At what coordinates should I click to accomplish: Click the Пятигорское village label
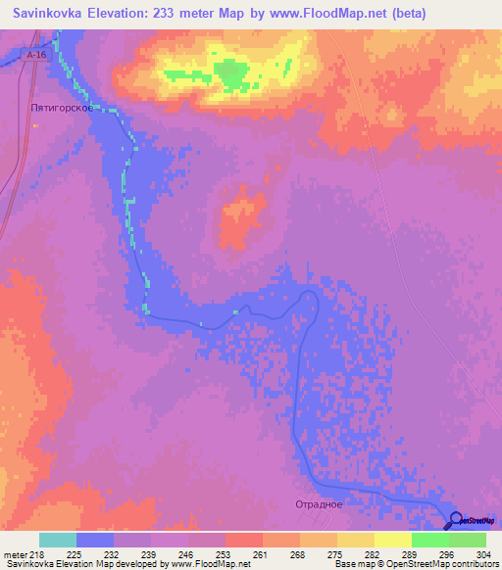(x=62, y=109)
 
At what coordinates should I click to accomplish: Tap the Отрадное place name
(x=319, y=503)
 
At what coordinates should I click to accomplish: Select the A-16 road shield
(x=36, y=56)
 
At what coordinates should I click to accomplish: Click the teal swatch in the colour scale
(x=58, y=540)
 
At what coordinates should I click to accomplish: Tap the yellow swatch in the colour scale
(x=392, y=540)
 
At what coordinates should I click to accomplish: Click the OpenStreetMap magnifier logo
(x=455, y=521)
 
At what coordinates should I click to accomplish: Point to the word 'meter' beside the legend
(x=16, y=555)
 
